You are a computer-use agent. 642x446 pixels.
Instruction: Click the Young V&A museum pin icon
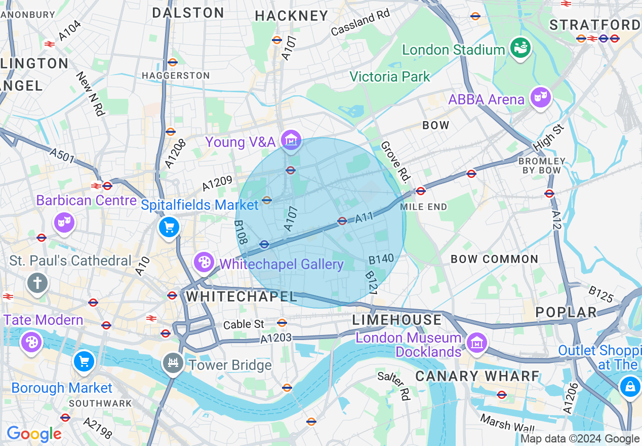pyautogui.click(x=291, y=139)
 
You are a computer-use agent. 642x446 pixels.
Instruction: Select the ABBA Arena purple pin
pyautogui.click(x=540, y=96)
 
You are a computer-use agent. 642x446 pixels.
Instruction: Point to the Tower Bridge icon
pyautogui.click(x=173, y=363)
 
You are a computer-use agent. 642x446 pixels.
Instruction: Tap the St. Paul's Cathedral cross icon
pyautogui.click(x=37, y=283)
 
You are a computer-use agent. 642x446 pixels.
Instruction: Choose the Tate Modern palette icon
pyautogui.click(x=31, y=342)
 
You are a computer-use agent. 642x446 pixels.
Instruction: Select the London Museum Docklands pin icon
pyautogui.click(x=476, y=343)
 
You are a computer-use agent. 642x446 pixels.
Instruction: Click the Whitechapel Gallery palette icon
pyautogui.click(x=204, y=262)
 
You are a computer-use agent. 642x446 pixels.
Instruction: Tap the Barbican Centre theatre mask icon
pyautogui.click(x=65, y=222)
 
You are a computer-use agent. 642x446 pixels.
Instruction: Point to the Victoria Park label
pyautogui.click(x=389, y=77)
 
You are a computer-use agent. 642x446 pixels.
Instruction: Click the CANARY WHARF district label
pyautogui.click(x=477, y=376)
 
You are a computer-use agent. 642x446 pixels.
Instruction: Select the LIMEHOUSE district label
pyautogui.click(x=397, y=320)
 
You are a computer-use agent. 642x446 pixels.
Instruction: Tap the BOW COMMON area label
pyautogui.click(x=494, y=259)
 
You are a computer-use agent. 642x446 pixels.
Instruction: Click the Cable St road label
pyautogui.click(x=244, y=324)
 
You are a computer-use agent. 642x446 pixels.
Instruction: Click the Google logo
pyautogui.click(x=34, y=434)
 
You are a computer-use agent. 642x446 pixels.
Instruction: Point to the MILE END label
pyautogui.click(x=423, y=207)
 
